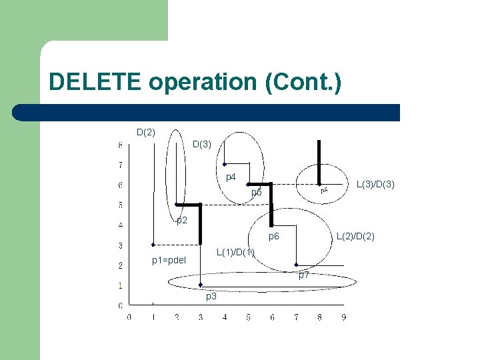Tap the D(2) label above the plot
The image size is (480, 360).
coord(146,132)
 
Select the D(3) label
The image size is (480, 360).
coord(202,144)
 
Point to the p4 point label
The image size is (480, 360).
coord(231,177)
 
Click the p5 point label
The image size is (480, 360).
coord(257,193)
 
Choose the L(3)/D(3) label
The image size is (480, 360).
coord(376,183)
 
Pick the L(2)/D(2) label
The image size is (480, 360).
coord(355,236)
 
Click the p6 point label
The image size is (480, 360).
coord(274,237)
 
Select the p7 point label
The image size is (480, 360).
coord(303,275)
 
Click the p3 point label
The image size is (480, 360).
coord(211,296)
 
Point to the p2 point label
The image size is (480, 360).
coord(182,221)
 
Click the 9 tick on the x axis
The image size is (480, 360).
coord(343,317)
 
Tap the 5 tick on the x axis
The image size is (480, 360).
coord(248,317)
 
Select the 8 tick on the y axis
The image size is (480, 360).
coord(120,145)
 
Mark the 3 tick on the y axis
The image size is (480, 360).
coord(120,245)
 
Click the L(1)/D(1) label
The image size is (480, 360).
coord(236,252)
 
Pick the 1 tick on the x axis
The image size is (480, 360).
coord(153,317)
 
